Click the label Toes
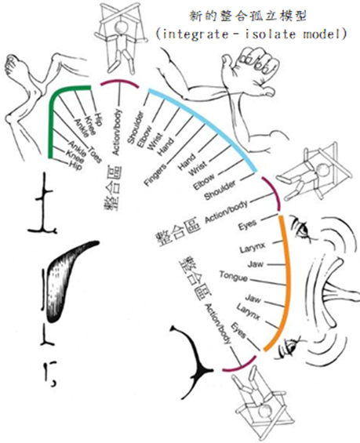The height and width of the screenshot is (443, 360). (x=96, y=154)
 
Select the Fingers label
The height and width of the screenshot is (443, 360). (x=155, y=176)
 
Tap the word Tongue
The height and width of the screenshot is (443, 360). (x=234, y=276)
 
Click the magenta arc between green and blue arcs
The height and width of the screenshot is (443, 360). (x=119, y=82)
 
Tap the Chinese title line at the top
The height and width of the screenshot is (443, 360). (x=248, y=16)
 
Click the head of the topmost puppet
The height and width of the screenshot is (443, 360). (x=122, y=27)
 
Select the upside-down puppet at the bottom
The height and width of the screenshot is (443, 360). (x=260, y=404)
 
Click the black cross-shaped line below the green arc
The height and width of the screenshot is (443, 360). (x=44, y=203)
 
